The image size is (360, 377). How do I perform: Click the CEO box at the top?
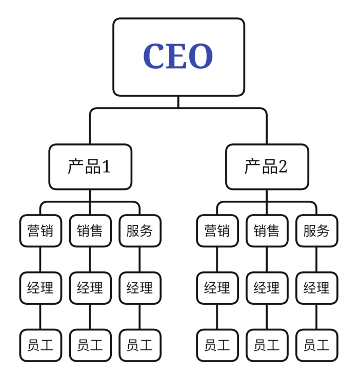(178, 57)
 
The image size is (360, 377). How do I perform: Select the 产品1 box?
(90, 166)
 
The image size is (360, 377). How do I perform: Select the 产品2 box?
(267, 166)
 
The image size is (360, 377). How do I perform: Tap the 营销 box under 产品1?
(41, 231)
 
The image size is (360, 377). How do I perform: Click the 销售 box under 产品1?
(90, 231)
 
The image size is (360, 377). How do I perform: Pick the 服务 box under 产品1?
(139, 231)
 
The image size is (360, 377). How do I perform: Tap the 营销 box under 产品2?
(217, 231)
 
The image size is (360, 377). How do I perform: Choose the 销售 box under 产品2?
(267, 231)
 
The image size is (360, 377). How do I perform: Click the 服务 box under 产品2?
(316, 231)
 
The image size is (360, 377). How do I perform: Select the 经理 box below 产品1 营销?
(41, 288)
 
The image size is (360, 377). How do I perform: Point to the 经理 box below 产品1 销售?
(90, 288)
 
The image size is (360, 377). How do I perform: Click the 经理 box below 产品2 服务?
(316, 288)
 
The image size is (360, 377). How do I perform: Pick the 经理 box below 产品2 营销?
(217, 288)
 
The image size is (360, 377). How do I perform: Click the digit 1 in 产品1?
(106, 167)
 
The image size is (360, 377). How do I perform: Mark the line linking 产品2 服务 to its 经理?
(316, 259)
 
